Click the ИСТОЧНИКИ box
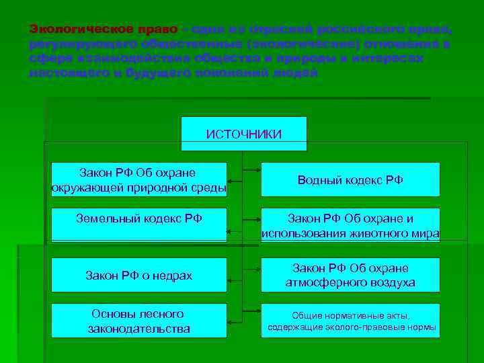point(244,134)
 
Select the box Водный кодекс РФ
point(350,179)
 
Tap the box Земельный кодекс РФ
point(139,225)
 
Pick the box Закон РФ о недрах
point(139,275)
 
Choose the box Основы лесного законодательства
point(139,321)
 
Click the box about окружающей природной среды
point(139,179)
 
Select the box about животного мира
point(350,226)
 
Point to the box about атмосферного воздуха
point(350,275)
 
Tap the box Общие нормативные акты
point(350,321)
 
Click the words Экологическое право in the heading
point(104,30)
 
